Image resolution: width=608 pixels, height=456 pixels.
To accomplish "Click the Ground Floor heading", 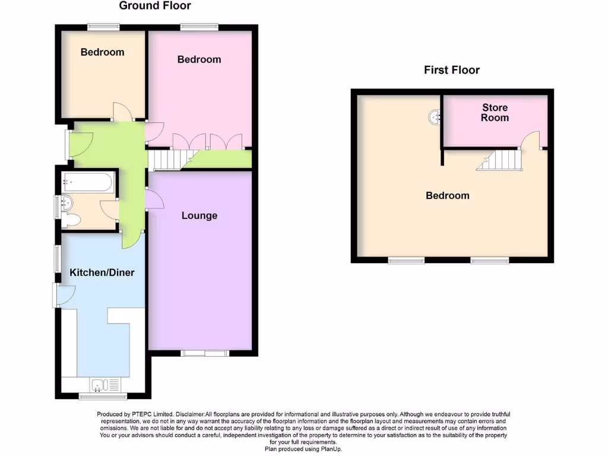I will (x=155, y=6).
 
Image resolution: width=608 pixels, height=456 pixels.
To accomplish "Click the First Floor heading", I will (x=451, y=70).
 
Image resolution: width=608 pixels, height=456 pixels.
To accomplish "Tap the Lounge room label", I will (x=199, y=216).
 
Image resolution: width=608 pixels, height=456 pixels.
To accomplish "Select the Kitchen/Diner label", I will (x=102, y=273).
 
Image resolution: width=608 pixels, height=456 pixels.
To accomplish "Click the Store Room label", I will (x=495, y=112).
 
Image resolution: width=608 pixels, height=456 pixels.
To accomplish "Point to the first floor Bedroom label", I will (x=447, y=195).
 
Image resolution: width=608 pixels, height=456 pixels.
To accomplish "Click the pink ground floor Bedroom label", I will (x=199, y=59).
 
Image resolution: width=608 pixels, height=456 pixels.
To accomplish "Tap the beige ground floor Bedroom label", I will (x=102, y=52).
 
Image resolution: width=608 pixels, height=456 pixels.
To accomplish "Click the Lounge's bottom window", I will (x=205, y=354).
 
